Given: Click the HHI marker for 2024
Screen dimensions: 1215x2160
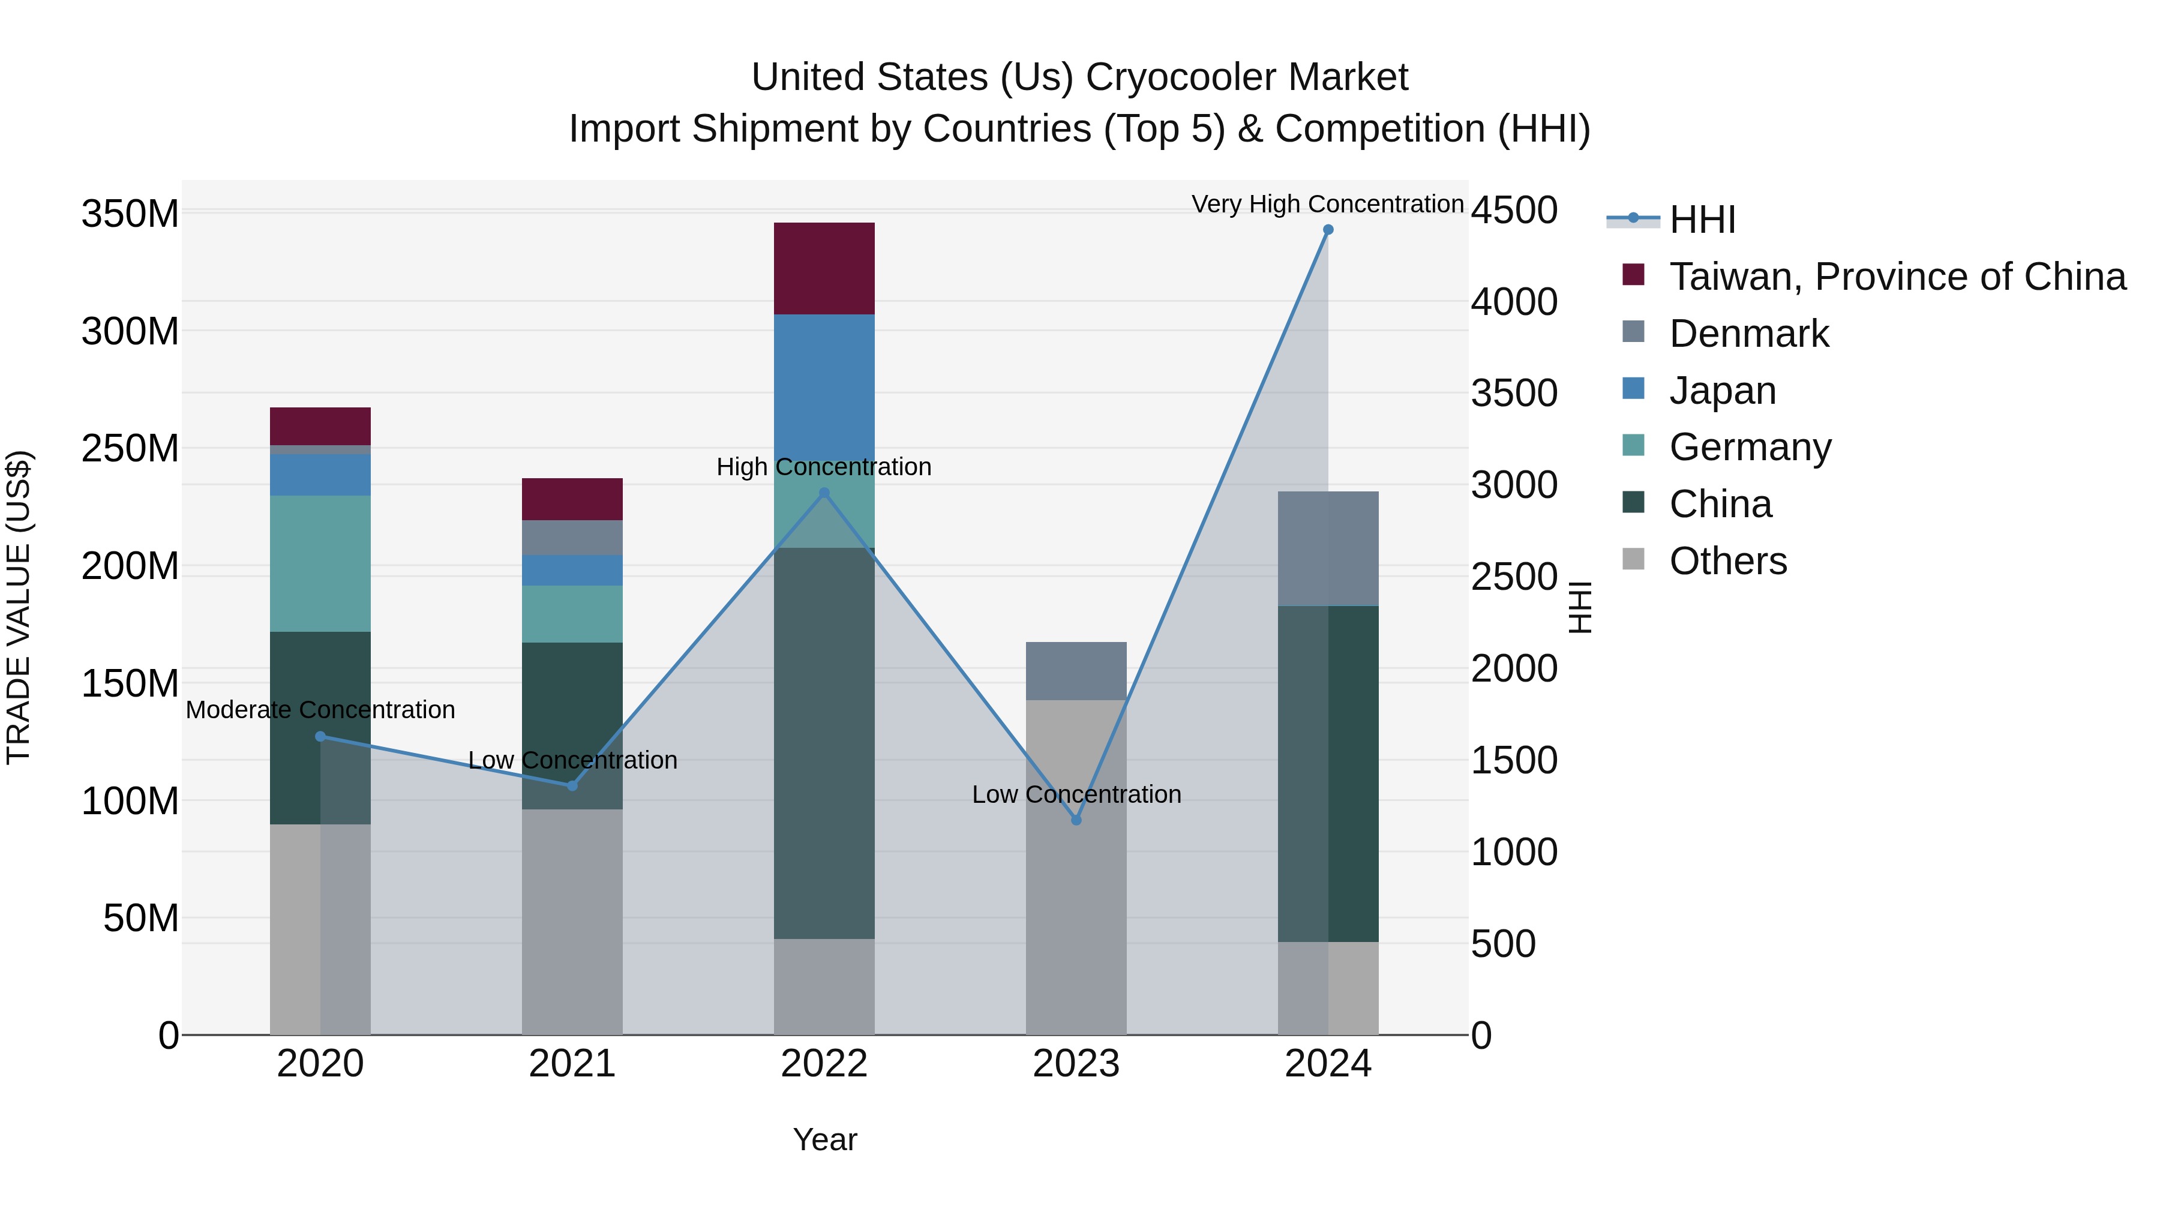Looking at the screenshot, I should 1327,230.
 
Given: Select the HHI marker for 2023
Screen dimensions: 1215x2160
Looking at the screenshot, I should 1076,819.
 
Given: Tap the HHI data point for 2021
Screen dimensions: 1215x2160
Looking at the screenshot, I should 572,785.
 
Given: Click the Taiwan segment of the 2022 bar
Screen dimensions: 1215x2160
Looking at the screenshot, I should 823,268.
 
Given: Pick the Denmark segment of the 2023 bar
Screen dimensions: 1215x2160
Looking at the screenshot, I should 1076,671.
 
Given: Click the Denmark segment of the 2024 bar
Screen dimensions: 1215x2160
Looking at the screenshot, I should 1327,548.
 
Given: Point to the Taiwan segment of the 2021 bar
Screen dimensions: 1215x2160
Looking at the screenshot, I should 572,499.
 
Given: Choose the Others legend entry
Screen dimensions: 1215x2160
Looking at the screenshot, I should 1727,561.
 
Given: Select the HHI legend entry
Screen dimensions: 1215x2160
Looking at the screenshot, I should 1702,220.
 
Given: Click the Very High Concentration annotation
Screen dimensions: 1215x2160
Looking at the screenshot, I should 1327,204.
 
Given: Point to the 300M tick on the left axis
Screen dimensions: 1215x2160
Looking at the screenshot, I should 130,331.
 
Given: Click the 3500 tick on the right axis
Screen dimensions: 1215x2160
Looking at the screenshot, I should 1514,393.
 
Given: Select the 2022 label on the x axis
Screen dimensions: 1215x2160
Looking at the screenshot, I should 823,1064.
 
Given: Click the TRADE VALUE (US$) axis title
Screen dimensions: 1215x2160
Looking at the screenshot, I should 19,607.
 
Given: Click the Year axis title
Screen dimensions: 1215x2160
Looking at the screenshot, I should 824,1139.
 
